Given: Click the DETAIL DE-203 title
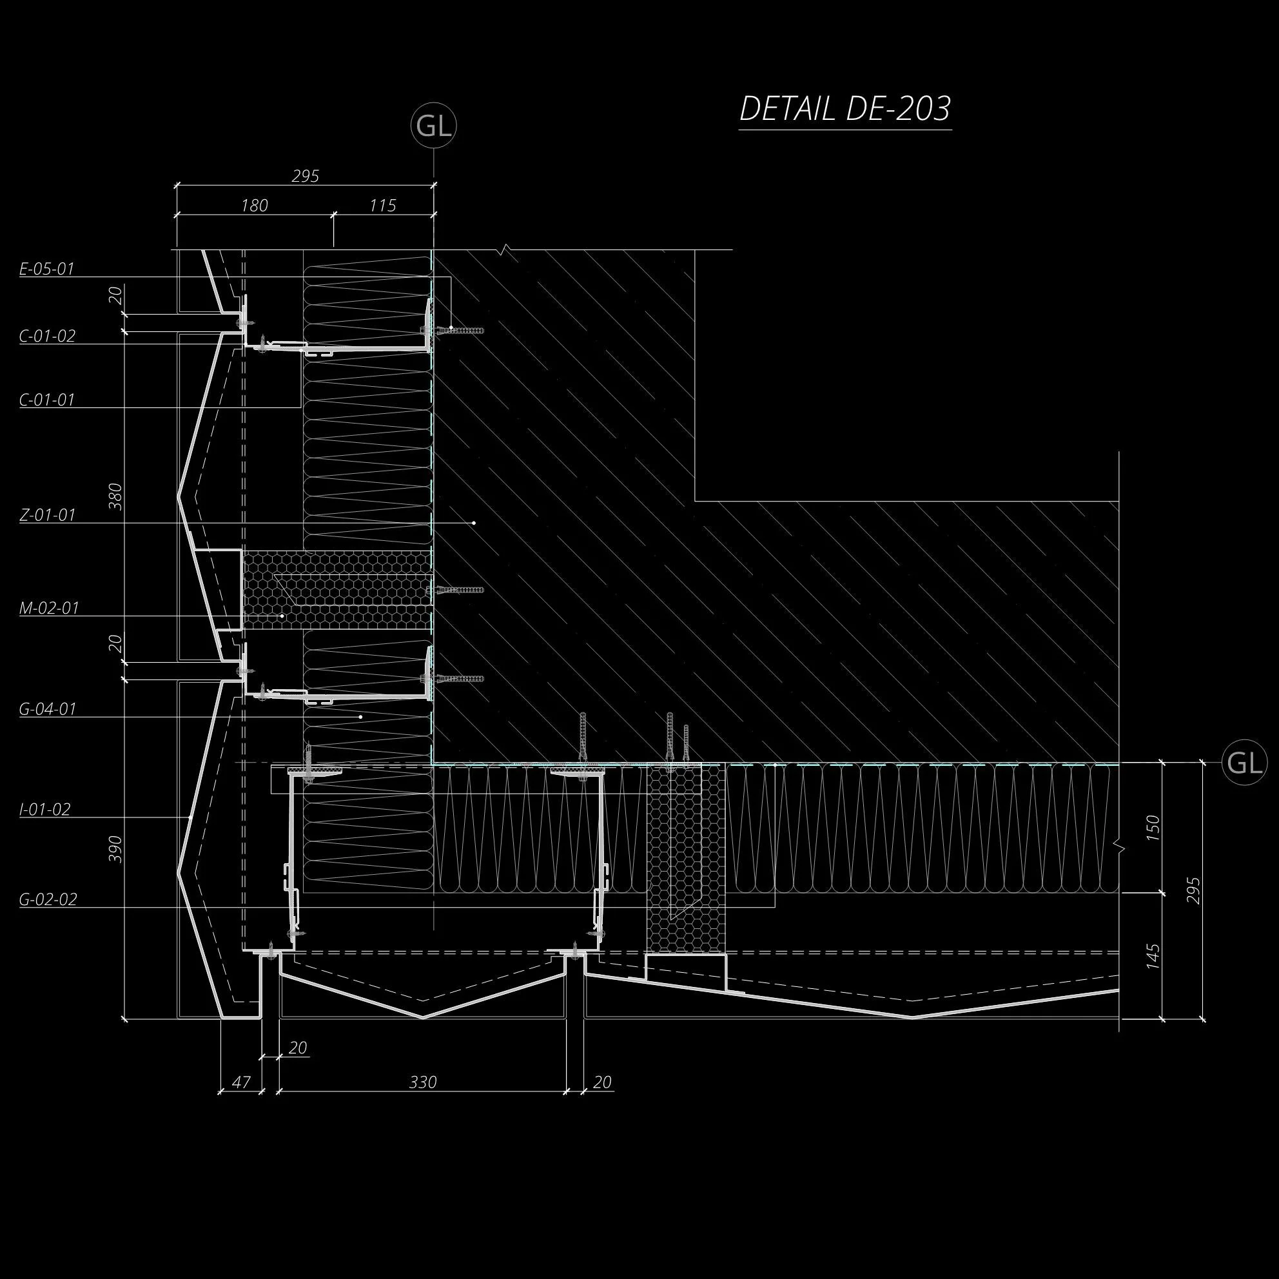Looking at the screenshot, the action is [x=845, y=109].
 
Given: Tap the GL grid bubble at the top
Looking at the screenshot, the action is [x=434, y=125].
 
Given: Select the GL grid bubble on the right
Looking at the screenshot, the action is [x=1245, y=763].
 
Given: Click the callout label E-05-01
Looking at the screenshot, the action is [x=47, y=269].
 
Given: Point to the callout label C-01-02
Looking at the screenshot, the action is [x=47, y=336].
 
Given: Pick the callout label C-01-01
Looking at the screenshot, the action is [x=47, y=399].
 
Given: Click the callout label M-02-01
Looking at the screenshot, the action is [x=49, y=608].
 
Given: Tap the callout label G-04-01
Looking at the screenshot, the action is [x=48, y=709].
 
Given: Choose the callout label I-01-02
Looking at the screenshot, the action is [x=45, y=809].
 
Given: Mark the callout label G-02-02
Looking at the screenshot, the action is [x=48, y=899].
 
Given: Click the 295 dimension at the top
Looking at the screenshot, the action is [x=305, y=176].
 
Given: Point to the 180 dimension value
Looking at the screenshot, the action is [x=254, y=205].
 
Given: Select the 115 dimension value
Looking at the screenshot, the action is [x=383, y=205].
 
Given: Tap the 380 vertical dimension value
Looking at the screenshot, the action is [x=115, y=496].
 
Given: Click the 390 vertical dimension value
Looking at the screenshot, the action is [x=115, y=849].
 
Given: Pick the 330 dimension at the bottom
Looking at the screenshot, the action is [x=422, y=1082].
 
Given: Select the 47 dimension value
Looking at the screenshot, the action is [x=241, y=1082].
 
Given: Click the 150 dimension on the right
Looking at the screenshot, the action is [x=1153, y=828].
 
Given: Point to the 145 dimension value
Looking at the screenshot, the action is [x=1153, y=957].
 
